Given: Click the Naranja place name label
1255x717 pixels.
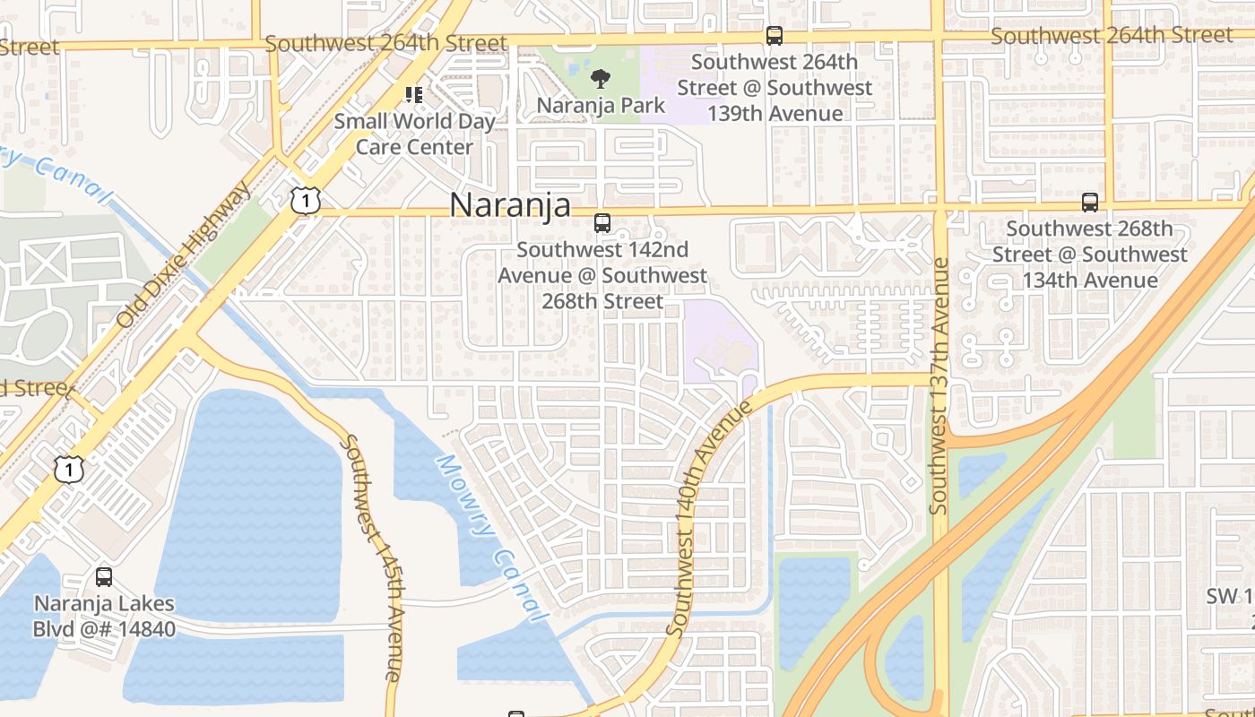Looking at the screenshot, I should [509, 205].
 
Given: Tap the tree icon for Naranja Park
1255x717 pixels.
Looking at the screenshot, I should [599, 79].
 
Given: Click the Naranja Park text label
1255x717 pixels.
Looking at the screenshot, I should [601, 106].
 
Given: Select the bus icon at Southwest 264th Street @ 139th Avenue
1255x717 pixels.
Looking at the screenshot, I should [774, 36].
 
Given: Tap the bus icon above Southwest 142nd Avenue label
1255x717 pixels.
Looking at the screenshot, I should [602, 223].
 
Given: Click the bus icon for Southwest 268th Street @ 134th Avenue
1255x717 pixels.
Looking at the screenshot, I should [1089, 203].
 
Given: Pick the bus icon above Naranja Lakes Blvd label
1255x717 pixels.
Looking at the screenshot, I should [104, 577].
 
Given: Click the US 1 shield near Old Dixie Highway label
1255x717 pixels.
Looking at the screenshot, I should [306, 201].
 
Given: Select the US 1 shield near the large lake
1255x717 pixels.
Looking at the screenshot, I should [69, 468].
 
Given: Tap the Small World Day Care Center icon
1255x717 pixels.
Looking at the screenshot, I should [413, 94].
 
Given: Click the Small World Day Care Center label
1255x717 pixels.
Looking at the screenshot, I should [414, 134].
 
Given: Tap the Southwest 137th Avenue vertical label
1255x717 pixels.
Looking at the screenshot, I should [939, 385].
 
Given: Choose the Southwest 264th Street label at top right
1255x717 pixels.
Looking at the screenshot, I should [1112, 36].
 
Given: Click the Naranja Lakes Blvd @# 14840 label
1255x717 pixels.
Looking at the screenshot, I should [104, 617].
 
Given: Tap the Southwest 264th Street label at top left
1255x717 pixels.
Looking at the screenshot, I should [385, 42].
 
